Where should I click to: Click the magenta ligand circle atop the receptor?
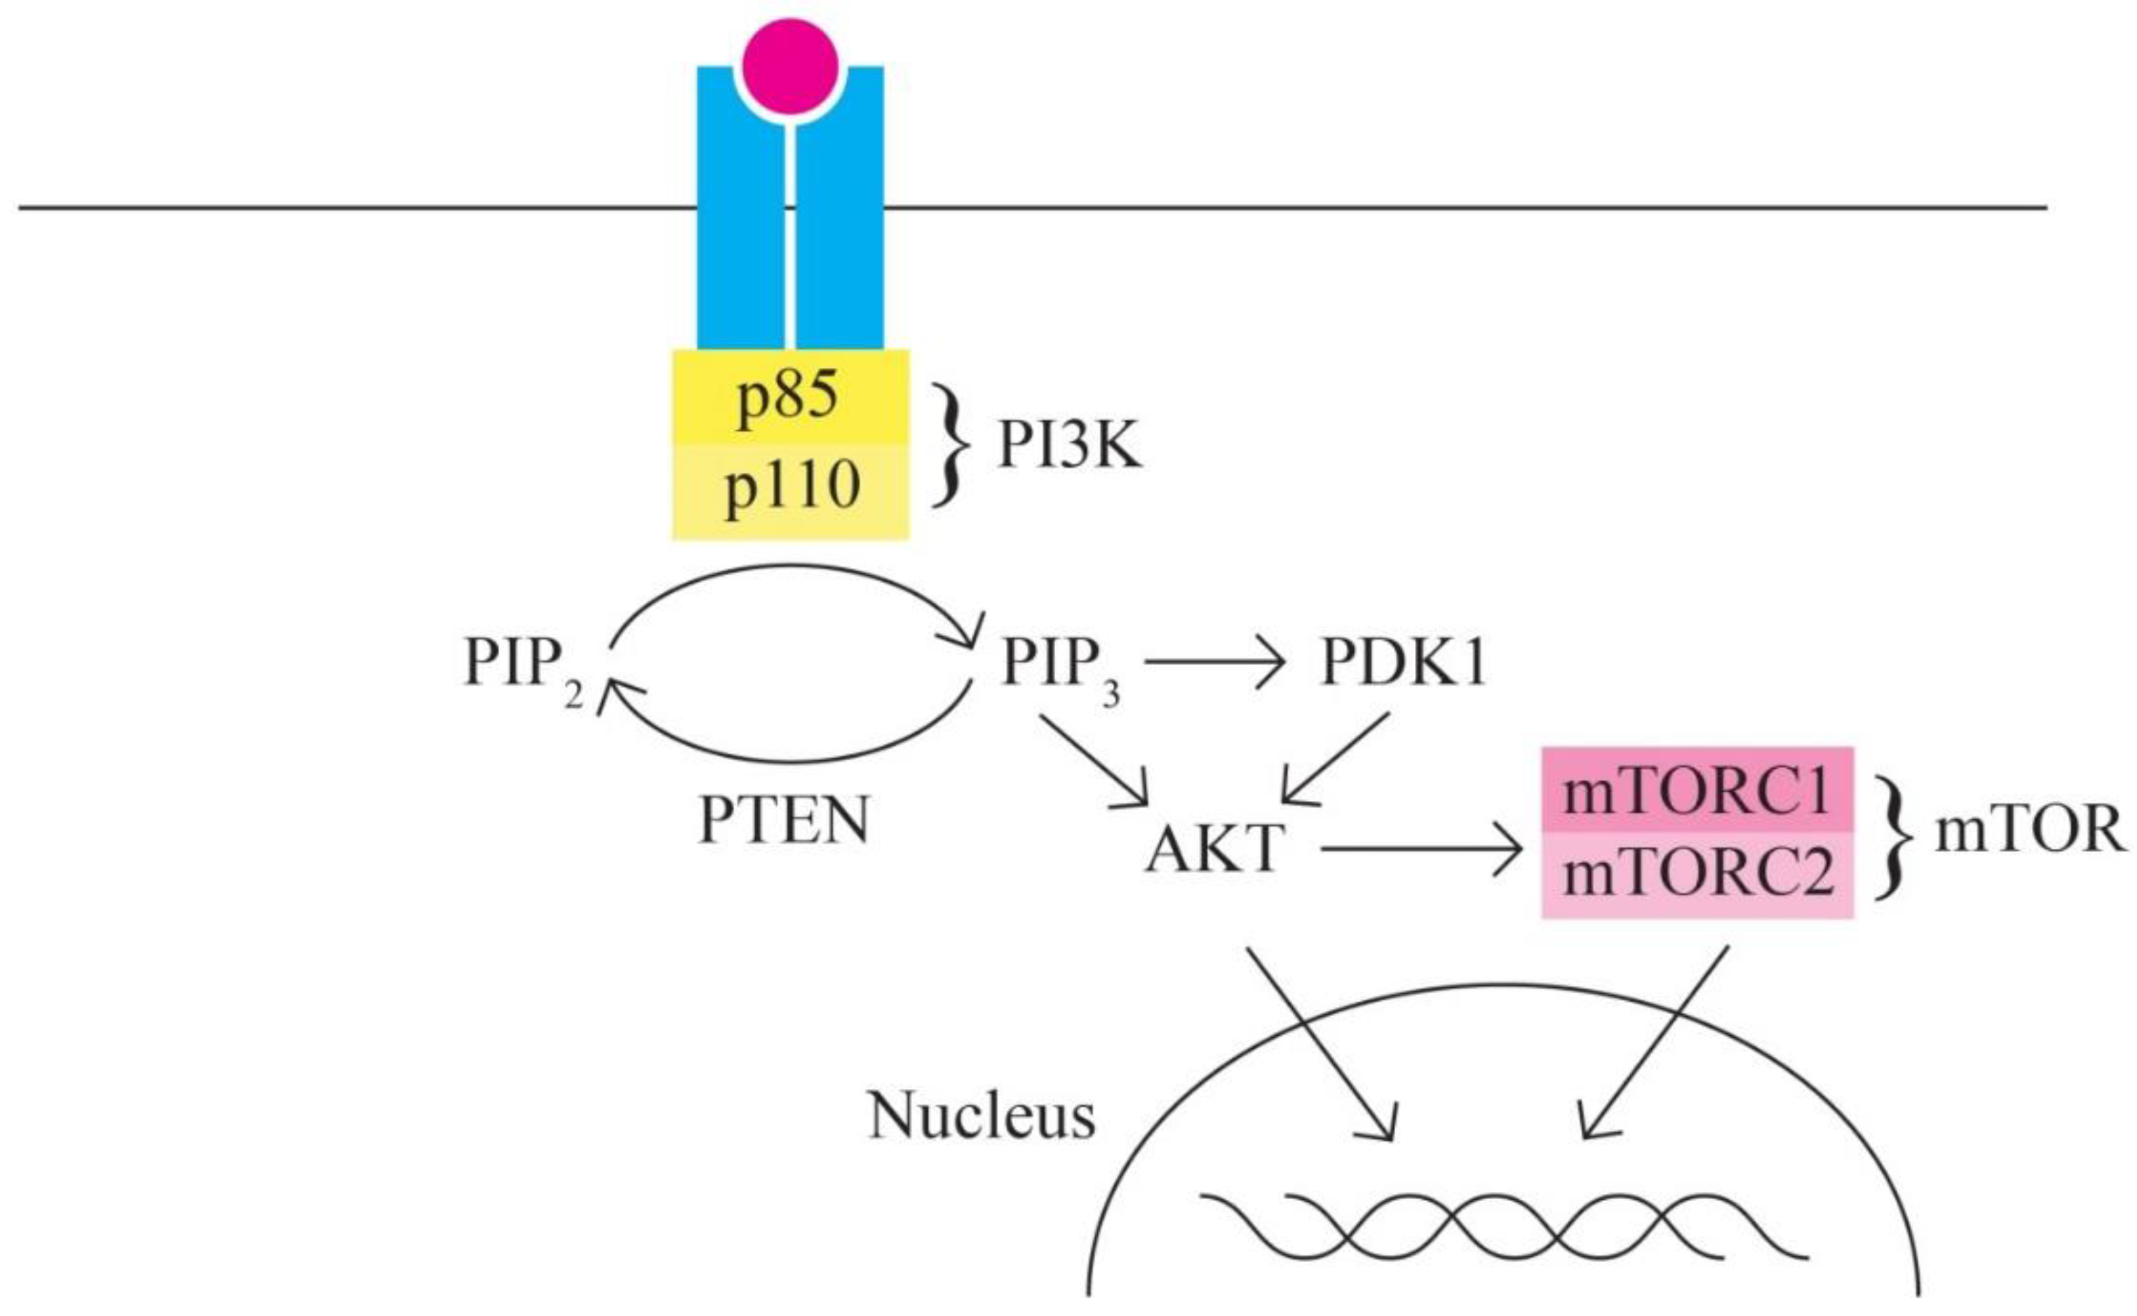tap(791, 66)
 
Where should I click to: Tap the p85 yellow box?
tap(790, 397)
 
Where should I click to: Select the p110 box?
tap(790, 489)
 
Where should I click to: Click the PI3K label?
tap(1068, 446)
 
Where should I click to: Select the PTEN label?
tap(784, 820)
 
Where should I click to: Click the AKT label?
tap(1216, 848)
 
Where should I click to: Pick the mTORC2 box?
tap(1697, 873)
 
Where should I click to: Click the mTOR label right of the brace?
tap(2029, 831)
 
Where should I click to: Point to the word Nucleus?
tap(982, 1116)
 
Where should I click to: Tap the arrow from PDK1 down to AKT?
tap(1337, 758)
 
